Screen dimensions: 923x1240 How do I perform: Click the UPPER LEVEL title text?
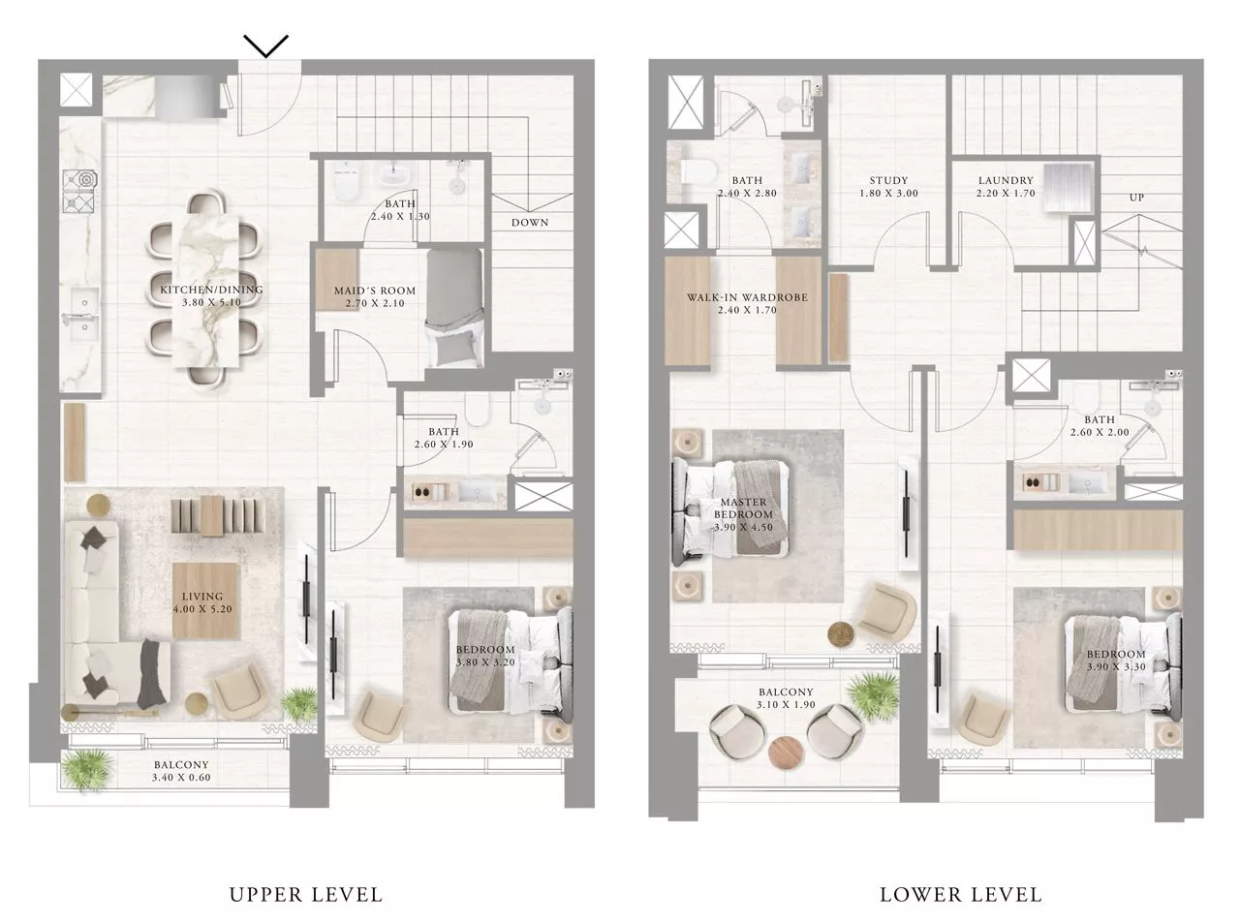click(306, 894)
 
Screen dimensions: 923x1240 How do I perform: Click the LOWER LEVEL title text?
click(960, 894)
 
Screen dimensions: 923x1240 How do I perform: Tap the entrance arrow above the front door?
click(265, 46)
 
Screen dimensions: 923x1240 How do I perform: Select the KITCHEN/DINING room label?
click(211, 290)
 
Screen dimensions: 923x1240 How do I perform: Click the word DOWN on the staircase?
click(530, 223)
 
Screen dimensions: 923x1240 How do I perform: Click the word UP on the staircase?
click(1136, 198)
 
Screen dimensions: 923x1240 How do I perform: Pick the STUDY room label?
click(888, 180)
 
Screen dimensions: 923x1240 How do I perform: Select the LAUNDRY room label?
click(1006, 180)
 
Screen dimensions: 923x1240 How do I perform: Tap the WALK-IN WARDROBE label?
click(747, 297)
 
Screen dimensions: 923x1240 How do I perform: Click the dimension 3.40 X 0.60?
click(181, 777)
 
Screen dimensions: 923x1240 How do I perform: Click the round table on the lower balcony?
click(786, 751)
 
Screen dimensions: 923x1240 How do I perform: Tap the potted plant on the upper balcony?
click(81, 770)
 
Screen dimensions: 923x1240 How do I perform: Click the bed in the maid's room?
click(454, 307)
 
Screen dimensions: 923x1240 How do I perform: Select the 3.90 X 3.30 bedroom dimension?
click(1115, 667)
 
